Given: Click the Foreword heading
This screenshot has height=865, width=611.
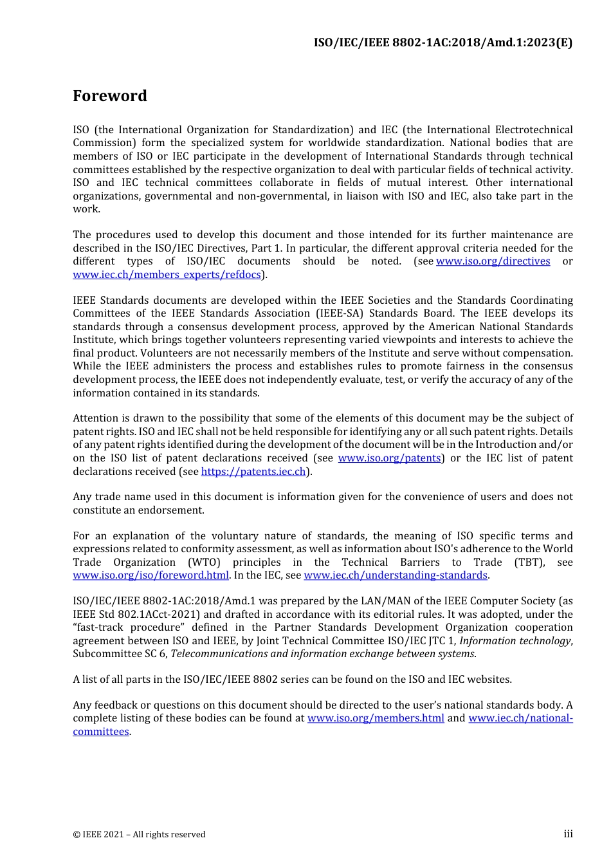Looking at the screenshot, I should [x=110, y=96].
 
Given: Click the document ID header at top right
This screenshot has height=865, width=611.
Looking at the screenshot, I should [x=442, y=43].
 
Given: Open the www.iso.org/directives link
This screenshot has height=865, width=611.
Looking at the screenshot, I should [x=493, y=261].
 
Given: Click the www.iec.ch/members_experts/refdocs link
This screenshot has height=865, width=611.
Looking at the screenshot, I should [x=167, y=275].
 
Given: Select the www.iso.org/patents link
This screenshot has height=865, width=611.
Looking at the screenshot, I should [x=389, y=458].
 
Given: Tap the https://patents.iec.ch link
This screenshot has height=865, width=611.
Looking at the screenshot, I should [x=253, y=472].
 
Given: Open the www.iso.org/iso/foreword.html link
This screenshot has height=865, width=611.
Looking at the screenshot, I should [x=150, y=575].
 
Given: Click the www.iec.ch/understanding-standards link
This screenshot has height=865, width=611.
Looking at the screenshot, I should [x=396, y=575].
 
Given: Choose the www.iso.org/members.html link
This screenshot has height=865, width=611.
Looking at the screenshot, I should [x=376, y=718].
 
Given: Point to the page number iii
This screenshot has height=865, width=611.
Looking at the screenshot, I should [x=568, y=834].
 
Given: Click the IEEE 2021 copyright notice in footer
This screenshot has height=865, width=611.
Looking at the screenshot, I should [x=139, y=835].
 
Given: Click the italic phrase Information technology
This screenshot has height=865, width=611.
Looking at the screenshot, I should [x=515, y=641].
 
